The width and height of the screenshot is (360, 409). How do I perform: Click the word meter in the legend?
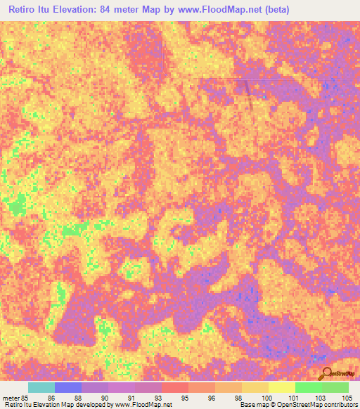[10, 398]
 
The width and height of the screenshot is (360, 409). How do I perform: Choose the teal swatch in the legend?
[41, 387]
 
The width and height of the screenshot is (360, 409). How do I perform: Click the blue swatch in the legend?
[68, 387]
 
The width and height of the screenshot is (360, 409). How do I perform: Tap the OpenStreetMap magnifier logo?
[326, 373]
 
